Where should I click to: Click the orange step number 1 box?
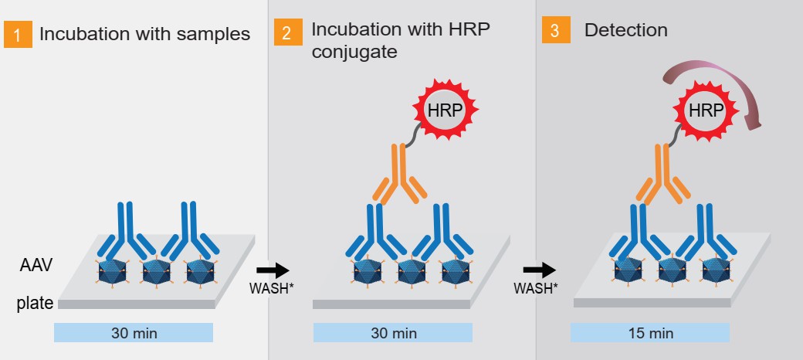18,35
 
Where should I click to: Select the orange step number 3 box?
555,31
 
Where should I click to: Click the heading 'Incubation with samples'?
144,35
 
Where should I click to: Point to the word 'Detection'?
625,31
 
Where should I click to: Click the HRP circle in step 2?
445,110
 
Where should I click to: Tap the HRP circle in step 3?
706,110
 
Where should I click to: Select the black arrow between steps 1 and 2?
271,270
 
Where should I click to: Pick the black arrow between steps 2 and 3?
538,270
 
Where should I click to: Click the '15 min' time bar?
649,333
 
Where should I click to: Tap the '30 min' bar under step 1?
134,333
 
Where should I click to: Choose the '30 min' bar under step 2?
393,333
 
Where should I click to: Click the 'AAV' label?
36,266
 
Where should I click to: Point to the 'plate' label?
35,304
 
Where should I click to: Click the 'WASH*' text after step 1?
270,288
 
